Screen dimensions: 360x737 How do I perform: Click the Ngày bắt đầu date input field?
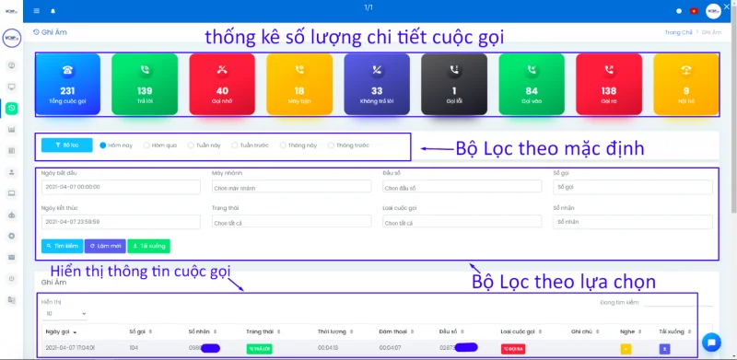coord(120,187)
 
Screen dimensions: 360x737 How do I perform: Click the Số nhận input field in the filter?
coord(632,222)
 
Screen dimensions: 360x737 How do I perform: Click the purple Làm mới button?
coord(104,246)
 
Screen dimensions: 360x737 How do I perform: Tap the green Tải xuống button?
coord(148,246)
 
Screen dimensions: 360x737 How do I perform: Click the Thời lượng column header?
coord(331,330)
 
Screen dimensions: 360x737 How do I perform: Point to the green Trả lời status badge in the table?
coord(259,348)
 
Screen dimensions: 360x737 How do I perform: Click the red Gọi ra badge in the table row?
coord(513,348)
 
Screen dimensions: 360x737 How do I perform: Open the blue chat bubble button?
coord(710,342)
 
